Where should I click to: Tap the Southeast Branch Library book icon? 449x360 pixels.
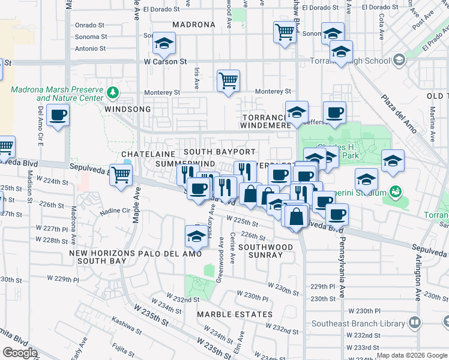pyautogui.click(x=414, y=323)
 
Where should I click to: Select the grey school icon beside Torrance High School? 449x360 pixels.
pyautogui.click(x=399, y=61)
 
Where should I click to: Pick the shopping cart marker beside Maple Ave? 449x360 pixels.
pyautogui.click(x=121, y=175)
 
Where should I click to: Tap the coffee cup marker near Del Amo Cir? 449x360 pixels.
pyautogui.click(x=58, y=115)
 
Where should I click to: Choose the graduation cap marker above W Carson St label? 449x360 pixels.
pyautogui.click(x=163, y=43)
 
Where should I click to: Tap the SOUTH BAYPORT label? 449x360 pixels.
pyautogui.click(x=220, y=152)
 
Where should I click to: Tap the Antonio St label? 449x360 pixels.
pyautogui.click(x=91, y=49)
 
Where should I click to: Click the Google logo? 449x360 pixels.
pyautogui.click(x=20, y=353)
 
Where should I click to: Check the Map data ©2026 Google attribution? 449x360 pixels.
pyautogui.click(x=412, y=355)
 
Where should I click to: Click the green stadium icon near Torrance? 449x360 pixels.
pyautogui.click(x=395, y=192)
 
